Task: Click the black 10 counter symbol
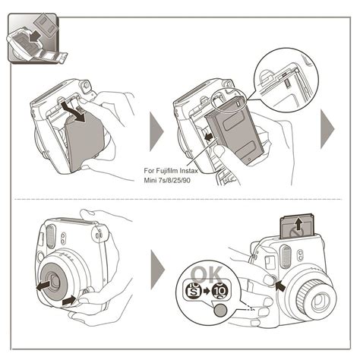pos(221,291)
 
